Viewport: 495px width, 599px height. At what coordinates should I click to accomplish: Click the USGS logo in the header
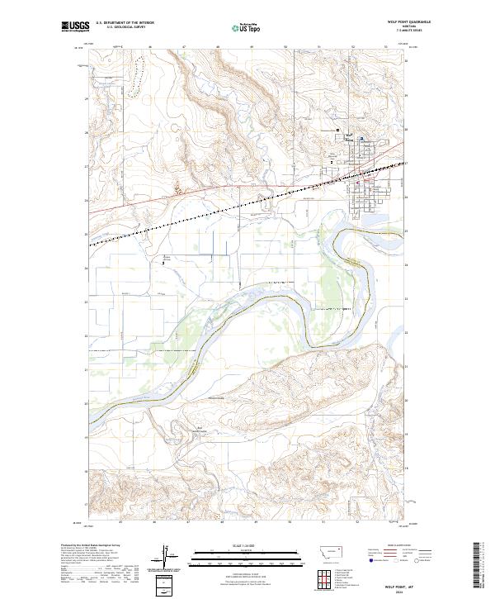coord(75,26)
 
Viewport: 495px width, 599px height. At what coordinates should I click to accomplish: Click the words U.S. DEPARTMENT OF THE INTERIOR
coord(125,23)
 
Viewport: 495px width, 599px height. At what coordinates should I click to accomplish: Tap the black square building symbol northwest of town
coord(337,131)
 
